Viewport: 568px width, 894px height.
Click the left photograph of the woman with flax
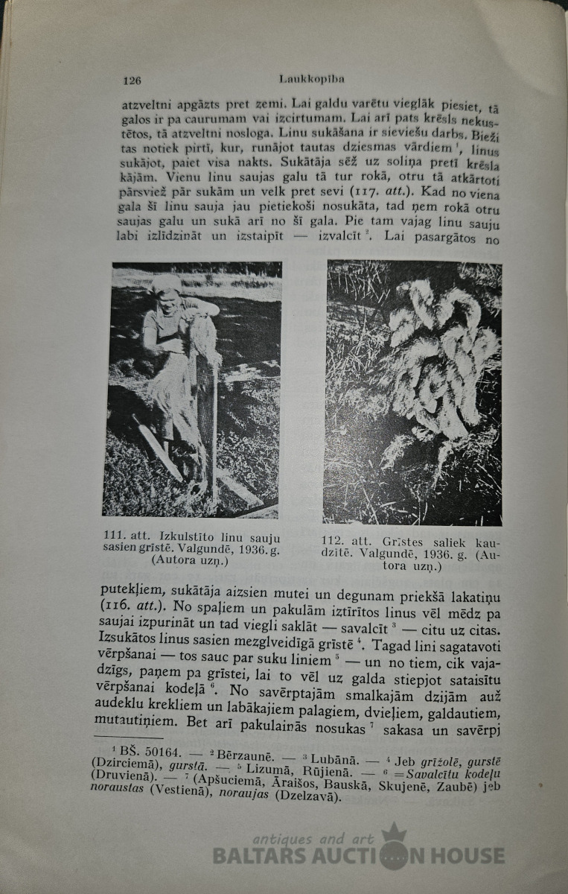tap(192, 389)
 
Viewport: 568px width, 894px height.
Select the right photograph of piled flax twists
tap(413, 392)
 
